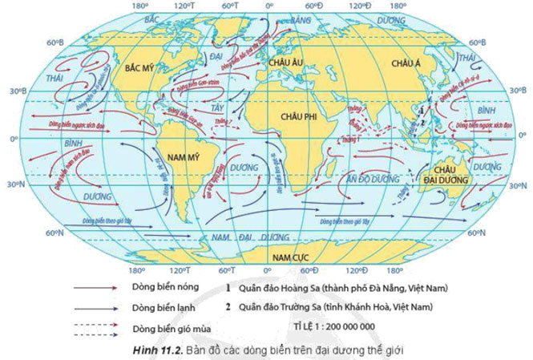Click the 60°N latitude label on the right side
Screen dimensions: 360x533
pos(478,233)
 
